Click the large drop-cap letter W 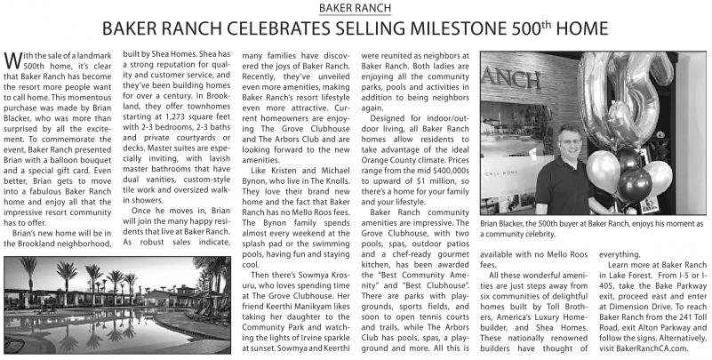point(12,63)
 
